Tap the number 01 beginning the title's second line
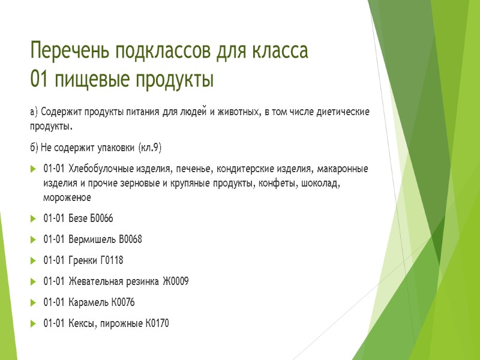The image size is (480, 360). click(40, 79)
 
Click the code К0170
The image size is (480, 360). click(157, 324)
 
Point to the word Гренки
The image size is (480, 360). click(83, 260)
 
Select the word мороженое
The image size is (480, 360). click(67, 196)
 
